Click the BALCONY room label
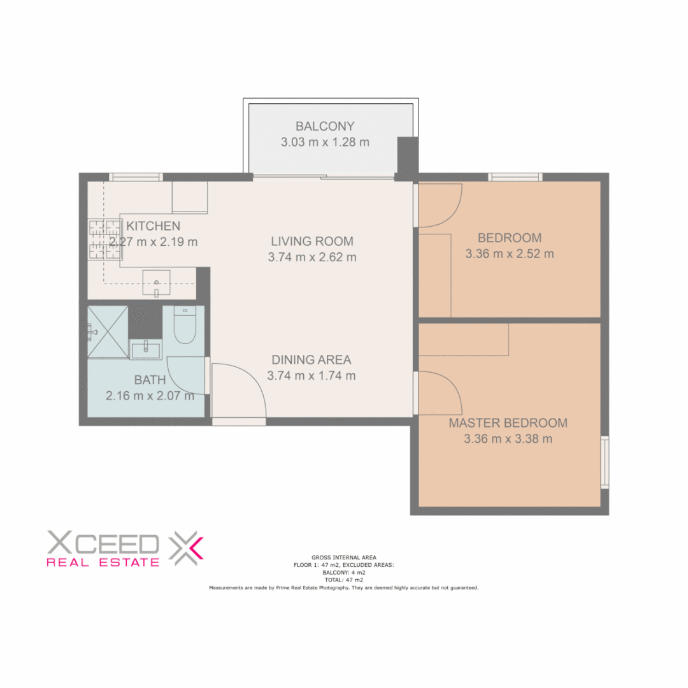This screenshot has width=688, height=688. pyautogui.click(x=325, y=126)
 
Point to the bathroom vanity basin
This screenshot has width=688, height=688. pyautogui.click(x=147, y=348)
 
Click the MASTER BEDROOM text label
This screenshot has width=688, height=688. pyautogui.click(x=508, y=423)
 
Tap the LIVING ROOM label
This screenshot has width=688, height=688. pyautogui.click(x=312, y=241)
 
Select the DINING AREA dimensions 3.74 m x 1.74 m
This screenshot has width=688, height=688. pyautogui.click(x=312, y=376)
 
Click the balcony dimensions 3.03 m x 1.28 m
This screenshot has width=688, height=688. pyautogui.click(x=325, y=142)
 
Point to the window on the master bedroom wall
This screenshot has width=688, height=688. pyautogui.click(x=605, y=462)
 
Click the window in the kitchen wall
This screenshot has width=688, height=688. pyautogui.click(x=136, y=177)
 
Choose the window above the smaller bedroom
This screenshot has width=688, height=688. pyautogui.click(x=515, y=177)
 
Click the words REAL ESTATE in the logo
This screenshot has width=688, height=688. pyautogui.click(x=103, y=563)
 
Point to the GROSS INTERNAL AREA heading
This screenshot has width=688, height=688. pyautogui.click(x=343, y=556)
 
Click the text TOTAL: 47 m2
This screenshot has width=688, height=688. pyautogui.click(x=343, y=580)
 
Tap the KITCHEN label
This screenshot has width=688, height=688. pyautogui.click(x=154, y=226)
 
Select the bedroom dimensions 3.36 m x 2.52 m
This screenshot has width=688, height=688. pyautogui.click(x=509, y=254)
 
